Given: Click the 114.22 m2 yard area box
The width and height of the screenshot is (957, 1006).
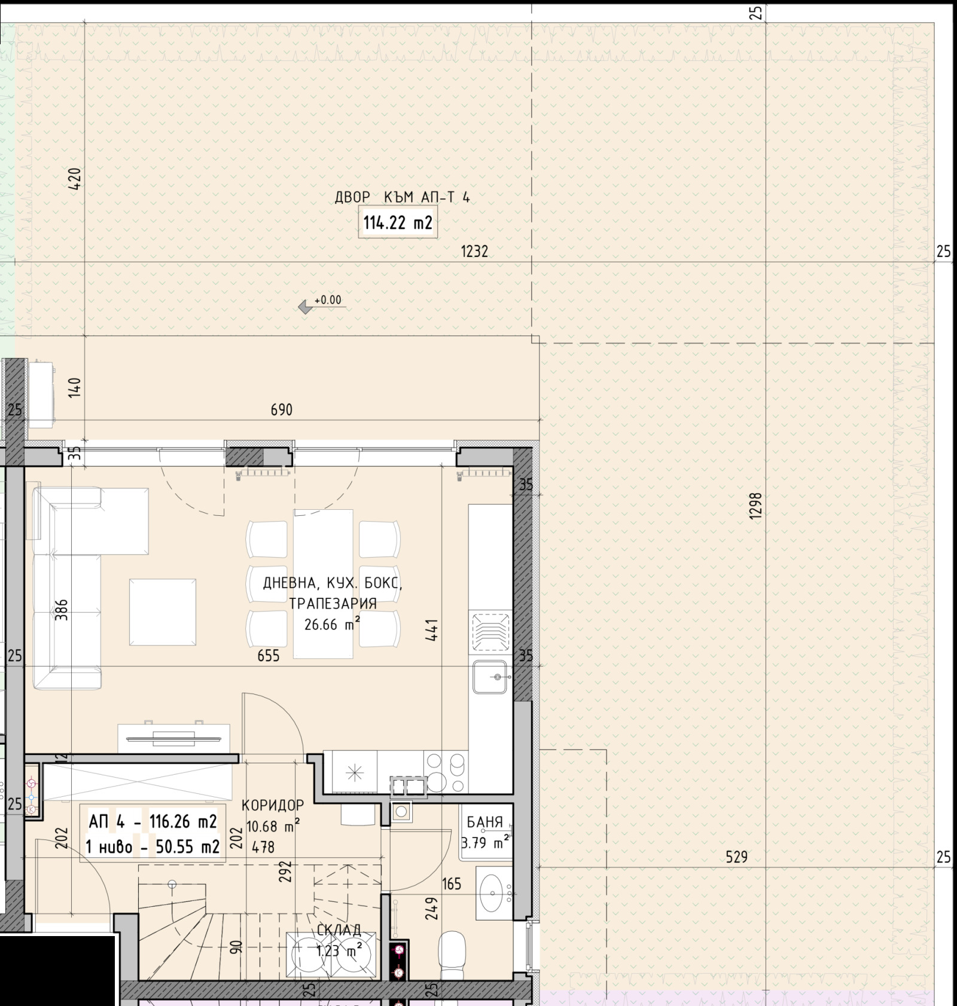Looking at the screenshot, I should tap(398, 222).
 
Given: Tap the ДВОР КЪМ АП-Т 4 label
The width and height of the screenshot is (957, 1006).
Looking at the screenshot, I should tap(402, 197).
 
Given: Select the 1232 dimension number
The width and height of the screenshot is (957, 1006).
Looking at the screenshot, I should tap(474, 251).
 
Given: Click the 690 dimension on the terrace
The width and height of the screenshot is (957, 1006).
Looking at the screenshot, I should tap(282, 409).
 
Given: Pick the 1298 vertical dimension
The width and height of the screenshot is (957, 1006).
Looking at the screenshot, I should tap(755, 505).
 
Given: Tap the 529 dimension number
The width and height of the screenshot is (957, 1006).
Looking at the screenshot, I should tap(736, 857).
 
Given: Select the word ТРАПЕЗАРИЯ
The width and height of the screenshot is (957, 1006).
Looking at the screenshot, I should tap(333, 603).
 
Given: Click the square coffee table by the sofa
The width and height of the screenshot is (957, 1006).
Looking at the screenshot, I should tap(163, 611).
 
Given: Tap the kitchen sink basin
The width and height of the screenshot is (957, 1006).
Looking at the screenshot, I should tap(490, 677).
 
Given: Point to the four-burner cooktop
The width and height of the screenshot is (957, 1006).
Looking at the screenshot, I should tap(445, 772).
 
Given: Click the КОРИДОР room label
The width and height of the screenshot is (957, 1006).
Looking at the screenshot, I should tap(273, 805).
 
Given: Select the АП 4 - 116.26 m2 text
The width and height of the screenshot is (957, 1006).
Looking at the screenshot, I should tap(153, 822).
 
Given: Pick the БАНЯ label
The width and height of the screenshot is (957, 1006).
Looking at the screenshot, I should tap(484, 822).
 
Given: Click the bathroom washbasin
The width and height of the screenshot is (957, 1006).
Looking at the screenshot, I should tap(494, 893).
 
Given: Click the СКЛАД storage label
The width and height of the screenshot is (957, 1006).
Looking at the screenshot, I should tap(339, 930).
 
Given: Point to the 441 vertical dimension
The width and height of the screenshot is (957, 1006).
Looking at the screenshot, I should tap(431, 629).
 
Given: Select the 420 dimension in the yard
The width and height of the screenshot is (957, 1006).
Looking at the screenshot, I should tap(74, 179).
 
